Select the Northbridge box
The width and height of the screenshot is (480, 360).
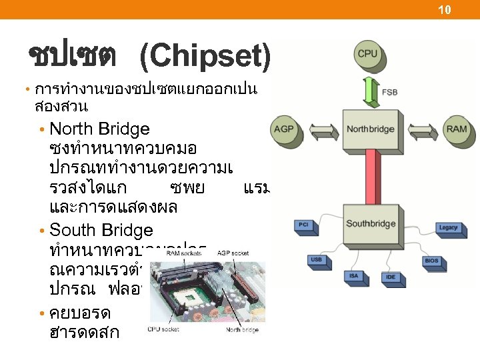click(371, 128)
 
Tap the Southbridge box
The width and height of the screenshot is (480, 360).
click(371, 224)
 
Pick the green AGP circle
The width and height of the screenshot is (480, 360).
click(284, 129)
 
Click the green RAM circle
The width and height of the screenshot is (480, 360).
click(457, 129)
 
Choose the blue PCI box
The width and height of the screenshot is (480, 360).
click(303, 225)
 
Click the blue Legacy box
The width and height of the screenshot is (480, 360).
click(448, 227)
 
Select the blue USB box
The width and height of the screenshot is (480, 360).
click(317, 259)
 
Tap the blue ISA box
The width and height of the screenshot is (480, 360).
click(354, 275)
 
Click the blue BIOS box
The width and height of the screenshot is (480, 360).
click(431, 261)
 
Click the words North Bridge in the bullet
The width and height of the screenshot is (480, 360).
click(100, 129)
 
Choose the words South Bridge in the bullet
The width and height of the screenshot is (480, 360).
click(101, 231)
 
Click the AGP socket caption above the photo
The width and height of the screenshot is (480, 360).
click(232, 253)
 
